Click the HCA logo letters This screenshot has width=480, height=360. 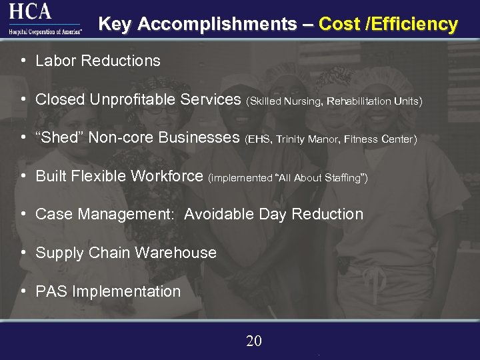(30, 12)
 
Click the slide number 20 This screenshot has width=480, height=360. (254, 341)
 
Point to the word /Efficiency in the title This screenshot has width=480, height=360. (413, 25)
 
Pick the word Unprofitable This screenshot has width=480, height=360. (130, 100)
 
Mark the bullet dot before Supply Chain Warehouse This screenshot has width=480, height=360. (23, 253)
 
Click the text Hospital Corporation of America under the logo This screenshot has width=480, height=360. (44, 31)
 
